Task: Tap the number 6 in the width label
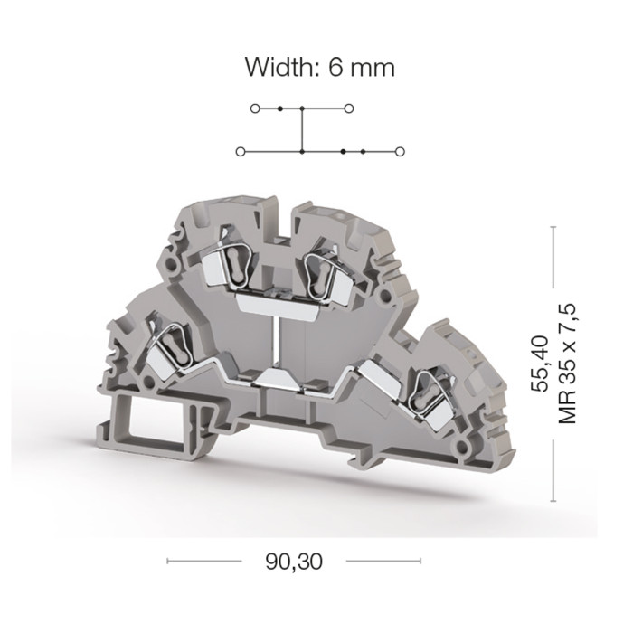click(335, 67)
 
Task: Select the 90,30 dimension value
click(294, 562)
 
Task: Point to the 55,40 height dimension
click(541, 364)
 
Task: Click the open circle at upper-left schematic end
click(255, 109)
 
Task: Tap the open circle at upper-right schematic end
click(349, 109)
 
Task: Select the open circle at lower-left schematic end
click(241, 152)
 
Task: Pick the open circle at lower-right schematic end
click(400, 152)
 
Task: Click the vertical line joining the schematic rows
click(302, 130)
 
